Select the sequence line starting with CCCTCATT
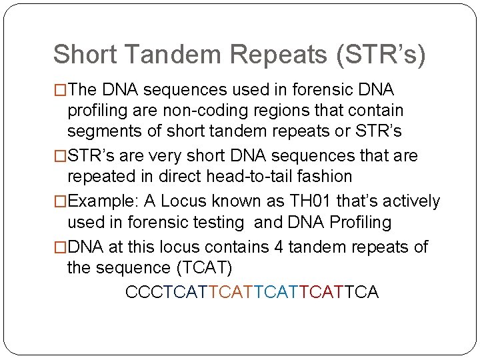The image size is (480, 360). pos(252,293)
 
